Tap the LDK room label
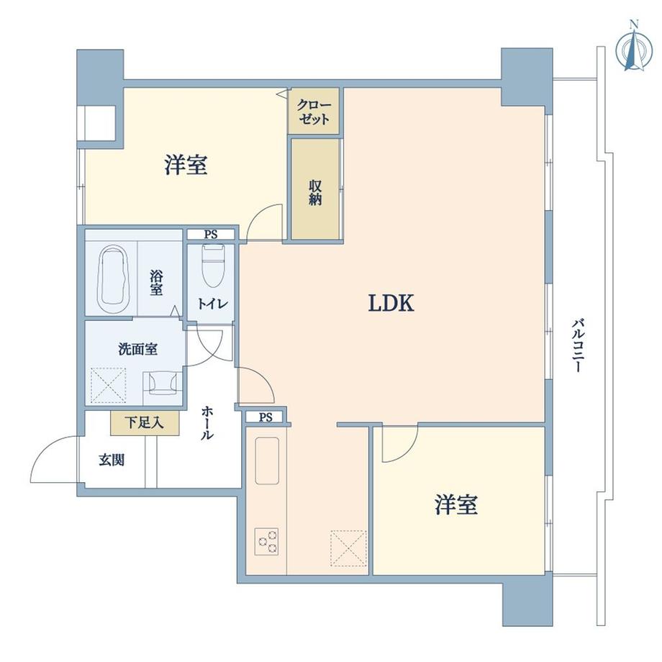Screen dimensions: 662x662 (x=391, y=304)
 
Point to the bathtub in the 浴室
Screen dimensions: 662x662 (x=112, y=279)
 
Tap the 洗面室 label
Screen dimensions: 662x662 (x=138, y=350)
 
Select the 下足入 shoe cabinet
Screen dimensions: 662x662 (x=145, y=422)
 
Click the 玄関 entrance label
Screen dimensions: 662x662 (x=111, y=459)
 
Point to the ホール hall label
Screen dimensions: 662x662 (x=207, y=423)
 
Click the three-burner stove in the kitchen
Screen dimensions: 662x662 (x=266, y=541)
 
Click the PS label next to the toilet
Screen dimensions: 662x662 (x=210, y=234)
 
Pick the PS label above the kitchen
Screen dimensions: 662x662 (x=265, y=417)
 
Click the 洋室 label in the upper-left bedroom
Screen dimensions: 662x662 (x=186, y=165)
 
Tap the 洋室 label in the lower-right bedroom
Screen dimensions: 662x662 (x=456, y=505)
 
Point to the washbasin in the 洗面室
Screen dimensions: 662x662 (x=163, y=384)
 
